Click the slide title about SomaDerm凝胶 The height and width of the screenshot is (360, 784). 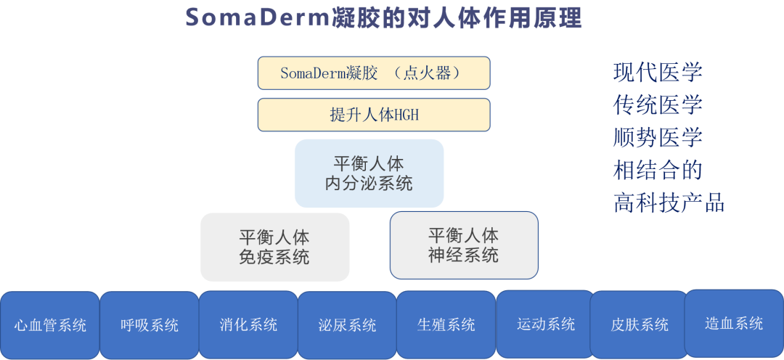pyautogui.click(x=384, y=17)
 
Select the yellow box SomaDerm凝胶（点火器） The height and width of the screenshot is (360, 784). pyautogui.click(x=374, y=73)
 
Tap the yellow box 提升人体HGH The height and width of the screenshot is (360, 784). pyautogui.click(x=374, y=115)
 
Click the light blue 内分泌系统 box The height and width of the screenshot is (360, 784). pyautogui.click(x=369, y=173)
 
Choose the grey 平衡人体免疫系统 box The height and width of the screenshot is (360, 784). pyautogui.click(x=274, y=247)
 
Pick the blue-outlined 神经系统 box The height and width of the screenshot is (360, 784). pyautogui.click(x=464, y=245)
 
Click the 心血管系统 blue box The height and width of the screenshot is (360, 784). pyautogui.click(x=50, y=325)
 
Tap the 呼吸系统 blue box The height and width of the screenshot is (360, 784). pyautogui.click(x=150, y=325)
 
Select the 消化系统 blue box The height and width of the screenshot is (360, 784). pyautogui.click(x=248, y=324)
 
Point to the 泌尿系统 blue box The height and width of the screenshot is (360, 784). pyautogui.click(x=347, y=325)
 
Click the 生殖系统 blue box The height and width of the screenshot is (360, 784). pyautogui.click(x=446, y=324)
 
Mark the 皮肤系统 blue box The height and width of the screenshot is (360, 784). pyautogui.click(x=640, y=324)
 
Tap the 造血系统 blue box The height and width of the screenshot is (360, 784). pyautogui.click(x=734, y=323)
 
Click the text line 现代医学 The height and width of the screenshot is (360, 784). pyautogui.click(x=658, y=73)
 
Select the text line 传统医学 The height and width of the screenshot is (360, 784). pyautogui.click(x=658, y=105)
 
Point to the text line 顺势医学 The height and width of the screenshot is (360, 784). pyautogui.click(x=658, y=137)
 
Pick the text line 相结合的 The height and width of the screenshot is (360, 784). pyautogui.click(x=658, y=170)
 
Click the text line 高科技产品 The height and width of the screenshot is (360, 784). pyautogui.click(x=669, y=202)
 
